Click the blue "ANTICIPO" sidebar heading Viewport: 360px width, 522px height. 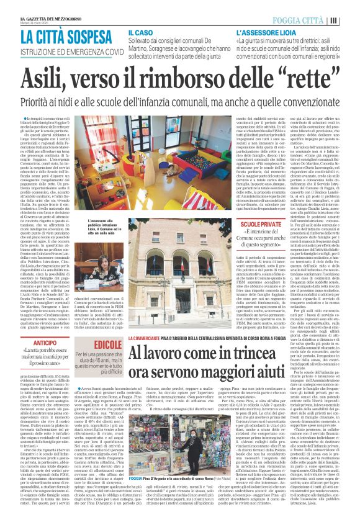(x=45, y=343)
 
